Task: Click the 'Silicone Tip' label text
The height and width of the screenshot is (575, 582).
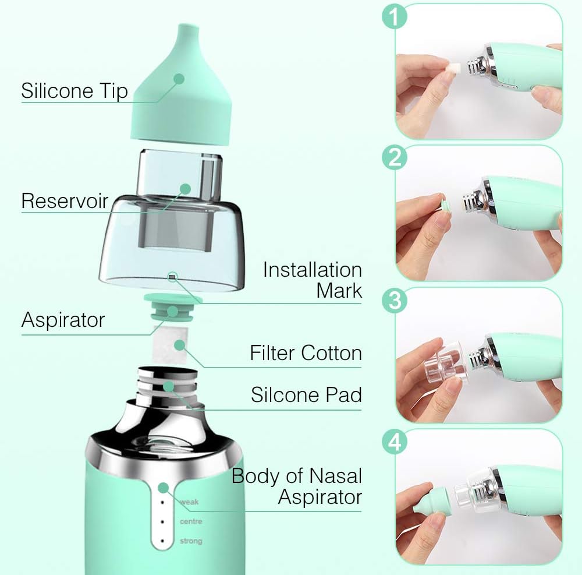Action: tap(74, 91)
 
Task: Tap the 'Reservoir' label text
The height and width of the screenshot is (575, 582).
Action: tap(65, 200)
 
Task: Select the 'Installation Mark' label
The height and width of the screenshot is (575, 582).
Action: tap(312, 280)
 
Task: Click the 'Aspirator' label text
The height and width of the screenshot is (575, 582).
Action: tap(63, 320)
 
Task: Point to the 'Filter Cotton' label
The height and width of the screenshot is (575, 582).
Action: tap(306, 353)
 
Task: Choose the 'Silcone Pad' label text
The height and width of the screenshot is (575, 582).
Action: tap(306, 394)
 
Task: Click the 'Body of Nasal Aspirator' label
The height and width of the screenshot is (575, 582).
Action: tap(297, 486)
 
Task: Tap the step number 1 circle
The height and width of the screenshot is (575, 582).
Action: tap(394, 17)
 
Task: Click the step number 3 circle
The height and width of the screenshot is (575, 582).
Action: tap(394, 301)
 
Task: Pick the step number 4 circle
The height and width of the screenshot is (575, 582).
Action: tap(394, 442)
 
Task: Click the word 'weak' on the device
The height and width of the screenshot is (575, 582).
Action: tap(189, 502)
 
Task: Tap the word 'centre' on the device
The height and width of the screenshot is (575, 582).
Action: tap(191, 521)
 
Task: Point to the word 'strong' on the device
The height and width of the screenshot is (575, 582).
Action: tap(191, 541)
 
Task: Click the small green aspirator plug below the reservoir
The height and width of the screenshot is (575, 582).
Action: tap(173, 309)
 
